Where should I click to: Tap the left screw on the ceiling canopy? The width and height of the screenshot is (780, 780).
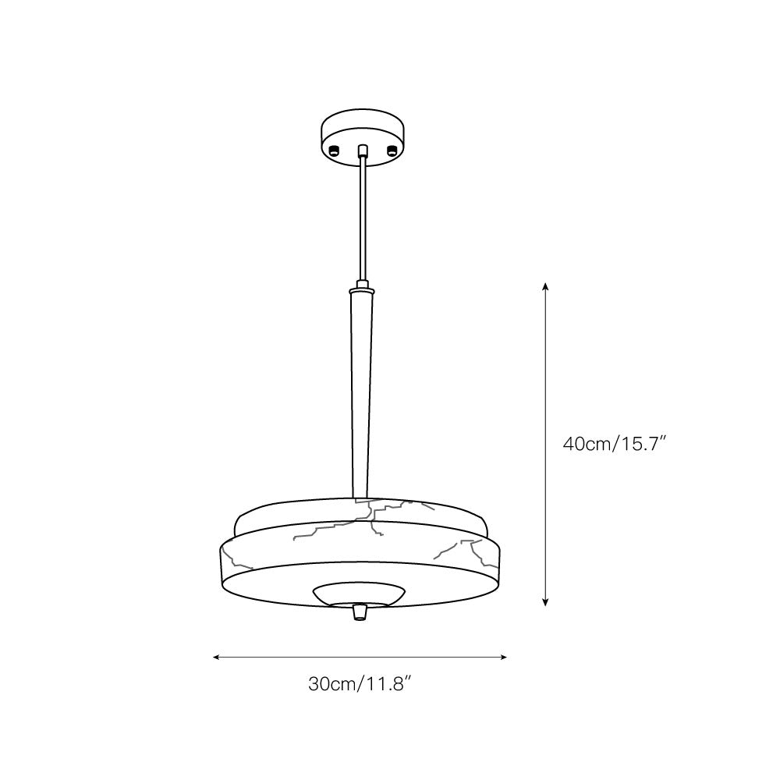[334, 151]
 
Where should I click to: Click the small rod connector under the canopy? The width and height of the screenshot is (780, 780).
[362, 152]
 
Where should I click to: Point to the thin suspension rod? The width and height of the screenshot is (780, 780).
[362, 218]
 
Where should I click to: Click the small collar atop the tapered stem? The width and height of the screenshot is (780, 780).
[362, 285]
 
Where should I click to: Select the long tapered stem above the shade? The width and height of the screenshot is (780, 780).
[362, 390]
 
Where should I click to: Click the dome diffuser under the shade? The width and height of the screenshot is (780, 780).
[359, 593]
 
